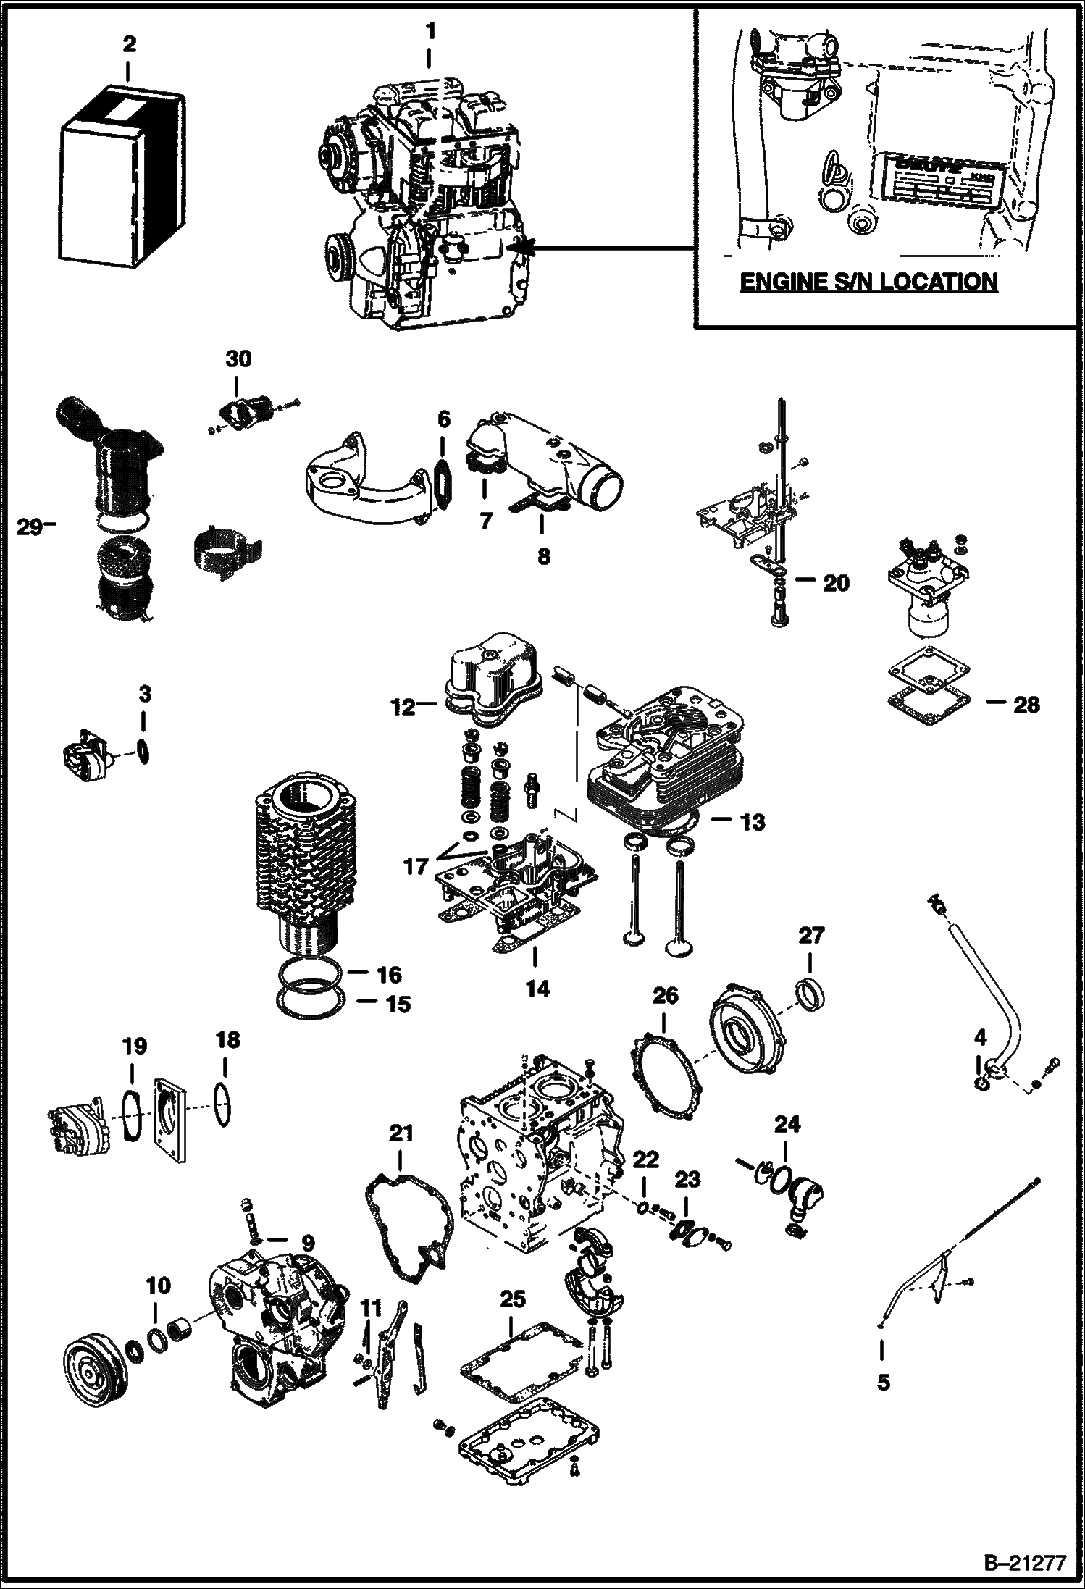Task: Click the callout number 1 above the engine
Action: coord(430,32)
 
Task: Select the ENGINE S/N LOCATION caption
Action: coord(868,281)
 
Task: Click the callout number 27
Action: coord(811,935)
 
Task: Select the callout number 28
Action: coord(1026,705)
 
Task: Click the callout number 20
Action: coord(836,583)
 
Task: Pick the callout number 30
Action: coord(238,359)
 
